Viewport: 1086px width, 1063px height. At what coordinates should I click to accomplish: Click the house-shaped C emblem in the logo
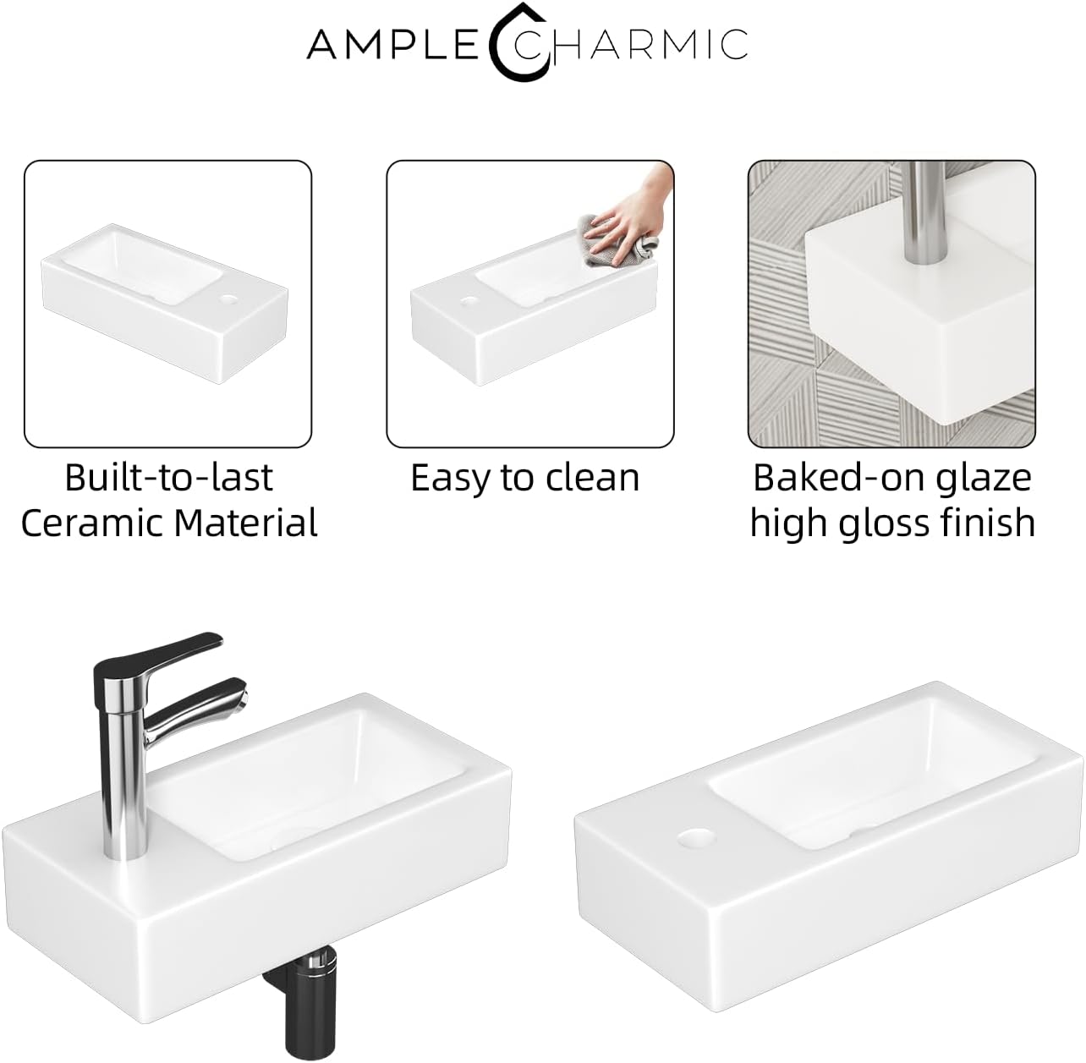click(x=519, y=41)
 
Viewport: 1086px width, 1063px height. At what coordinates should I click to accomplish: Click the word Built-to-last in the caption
click(x=168, y=478)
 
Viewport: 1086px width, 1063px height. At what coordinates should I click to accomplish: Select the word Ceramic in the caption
click(x=93, y=523)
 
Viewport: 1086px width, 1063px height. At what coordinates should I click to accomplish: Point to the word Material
click(x=246, y=523)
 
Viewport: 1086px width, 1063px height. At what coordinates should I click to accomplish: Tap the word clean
click(x=592, y=478)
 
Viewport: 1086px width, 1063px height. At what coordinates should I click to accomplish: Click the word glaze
click(x=979, y=479)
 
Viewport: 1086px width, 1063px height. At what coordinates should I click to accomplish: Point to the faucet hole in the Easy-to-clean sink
click(x=467, y=302)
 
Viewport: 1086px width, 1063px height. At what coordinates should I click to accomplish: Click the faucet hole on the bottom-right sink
click(x=697, y=837)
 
